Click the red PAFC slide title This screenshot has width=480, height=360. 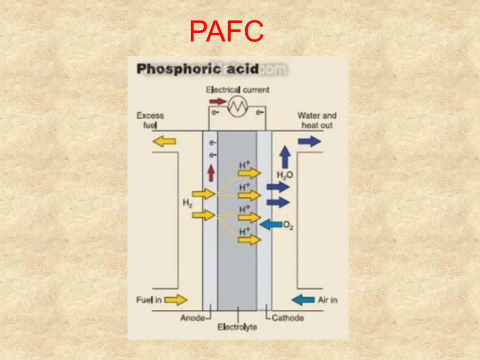226,31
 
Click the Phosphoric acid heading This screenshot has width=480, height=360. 198,69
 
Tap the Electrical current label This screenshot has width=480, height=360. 238,90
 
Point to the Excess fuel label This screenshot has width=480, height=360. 150,120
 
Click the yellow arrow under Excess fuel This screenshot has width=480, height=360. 164,141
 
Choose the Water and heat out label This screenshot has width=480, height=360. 317,120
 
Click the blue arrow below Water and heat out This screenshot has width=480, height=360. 309,141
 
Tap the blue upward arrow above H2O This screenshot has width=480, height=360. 285,158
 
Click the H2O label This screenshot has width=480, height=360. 285,175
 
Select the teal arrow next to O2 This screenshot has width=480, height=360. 271,225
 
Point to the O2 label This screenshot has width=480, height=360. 288,226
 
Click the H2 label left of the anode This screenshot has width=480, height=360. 188,204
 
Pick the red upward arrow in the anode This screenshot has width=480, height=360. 211,173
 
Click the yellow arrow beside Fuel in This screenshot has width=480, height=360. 176,300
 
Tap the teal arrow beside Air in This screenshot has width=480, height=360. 303,300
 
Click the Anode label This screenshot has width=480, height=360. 192,318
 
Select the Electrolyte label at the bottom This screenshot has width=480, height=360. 237,328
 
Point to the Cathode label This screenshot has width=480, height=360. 288,318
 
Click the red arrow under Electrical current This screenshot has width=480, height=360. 218,101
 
